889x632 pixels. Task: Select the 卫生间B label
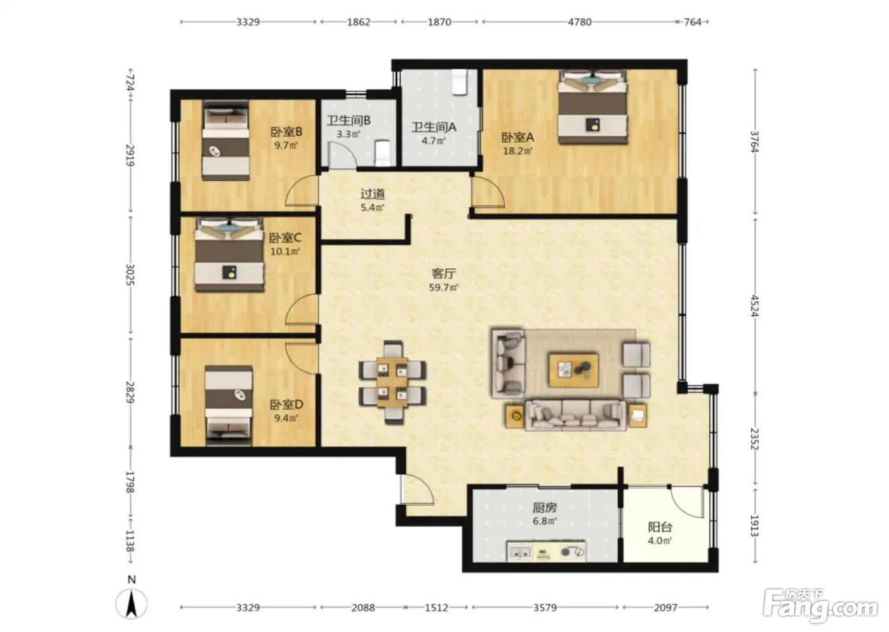(x=349, y=121)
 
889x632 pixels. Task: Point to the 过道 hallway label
(x=373, y=194)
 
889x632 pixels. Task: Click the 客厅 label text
(x=444, y=273)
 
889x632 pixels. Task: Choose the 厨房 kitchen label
(x=545, y=508)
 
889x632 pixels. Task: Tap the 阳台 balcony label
(x=660, y=527)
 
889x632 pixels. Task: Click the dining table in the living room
(x=392, y=382)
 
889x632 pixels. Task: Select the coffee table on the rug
(x=574, y=371)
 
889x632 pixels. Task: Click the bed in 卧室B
(x=226, y=141)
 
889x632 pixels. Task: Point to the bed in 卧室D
(x=229, y=405)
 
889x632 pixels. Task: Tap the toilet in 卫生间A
(x=460, y=82)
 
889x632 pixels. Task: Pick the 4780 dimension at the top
(x=579, y=22)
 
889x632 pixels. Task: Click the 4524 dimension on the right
(x=755, y=306)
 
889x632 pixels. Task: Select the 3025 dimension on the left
(x=130, y=274)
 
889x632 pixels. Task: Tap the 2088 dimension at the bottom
(x=363, y=607)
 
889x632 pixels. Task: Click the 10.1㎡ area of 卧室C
(x=285, y=251)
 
